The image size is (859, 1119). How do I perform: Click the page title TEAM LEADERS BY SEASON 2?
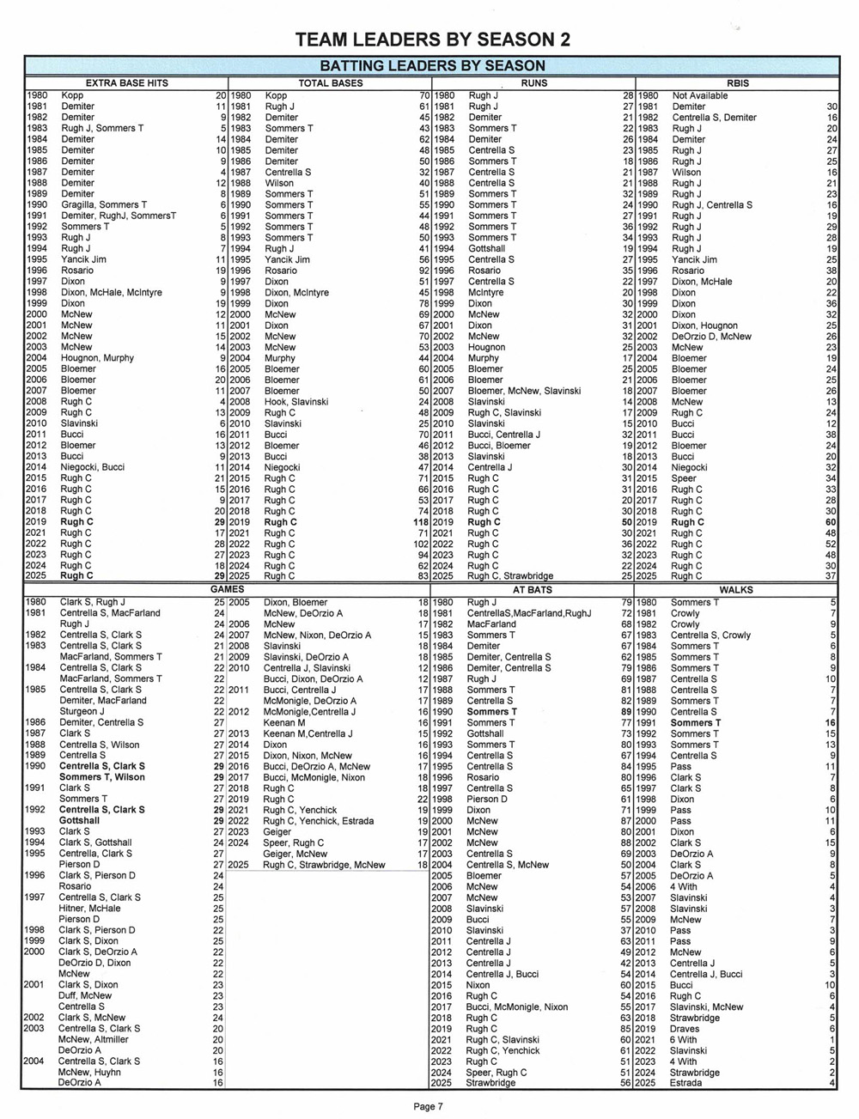coord(432,40)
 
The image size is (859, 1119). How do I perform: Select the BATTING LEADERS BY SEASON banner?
coord(432,65)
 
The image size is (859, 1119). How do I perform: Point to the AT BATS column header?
coord(532,590)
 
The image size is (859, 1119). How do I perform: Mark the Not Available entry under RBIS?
coord(700,95)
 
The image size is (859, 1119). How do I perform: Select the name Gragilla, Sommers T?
coord(103,205)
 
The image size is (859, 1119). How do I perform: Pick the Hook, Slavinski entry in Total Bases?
coord(296,402)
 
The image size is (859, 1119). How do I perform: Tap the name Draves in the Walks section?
coord(685,1029)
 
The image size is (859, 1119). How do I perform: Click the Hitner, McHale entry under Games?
coord(89,909)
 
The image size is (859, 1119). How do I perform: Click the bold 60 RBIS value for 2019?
coord(831,522)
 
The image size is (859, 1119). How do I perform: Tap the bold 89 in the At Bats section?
coord(626,712)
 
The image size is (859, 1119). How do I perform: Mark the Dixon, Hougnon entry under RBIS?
coord(704,325)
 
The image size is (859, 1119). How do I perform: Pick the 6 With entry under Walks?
coord(684,1039)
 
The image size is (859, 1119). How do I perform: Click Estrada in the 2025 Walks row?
coord(687,1083)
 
